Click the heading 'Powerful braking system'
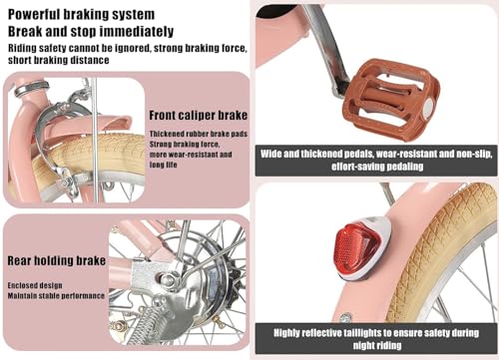(81, 15)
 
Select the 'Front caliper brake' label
(199, 116)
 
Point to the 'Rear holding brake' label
(57, 260)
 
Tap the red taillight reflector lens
(352, 246)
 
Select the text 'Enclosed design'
(35, 285)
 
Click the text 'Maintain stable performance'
(56, 296)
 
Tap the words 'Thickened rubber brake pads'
(199, 134)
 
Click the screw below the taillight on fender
(346, 318)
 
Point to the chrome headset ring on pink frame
(32, 88)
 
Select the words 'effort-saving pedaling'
(377, 167)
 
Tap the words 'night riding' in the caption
(377, 345)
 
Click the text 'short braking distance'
(59, 60)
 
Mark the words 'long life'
(163, 165)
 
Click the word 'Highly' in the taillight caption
(287, 333)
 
